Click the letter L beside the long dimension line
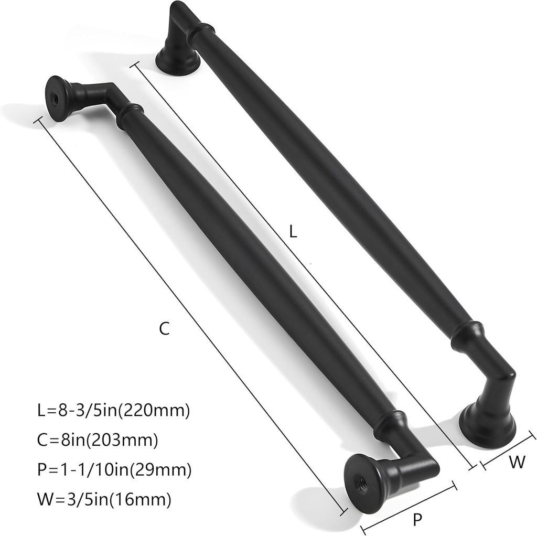click(293, 231)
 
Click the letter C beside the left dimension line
click(164, 329)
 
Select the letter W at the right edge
click(517, 462)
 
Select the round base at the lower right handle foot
click(487, 426)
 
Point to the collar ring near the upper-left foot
click(129, 116)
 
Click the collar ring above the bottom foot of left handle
click(390, 423)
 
